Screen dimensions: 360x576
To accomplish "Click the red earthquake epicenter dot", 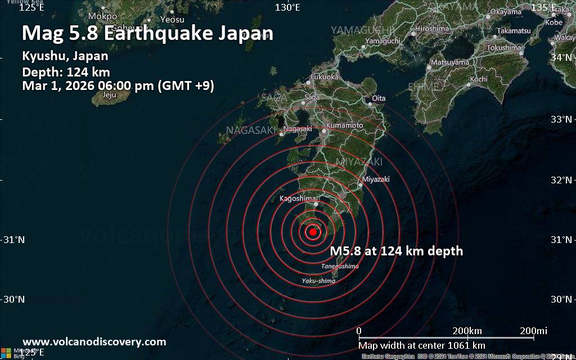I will pos(313,231).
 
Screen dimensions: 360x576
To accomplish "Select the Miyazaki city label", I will pos(376,179).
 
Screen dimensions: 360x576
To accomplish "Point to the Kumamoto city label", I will pos(344,124).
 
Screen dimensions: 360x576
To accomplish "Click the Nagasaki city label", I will pos(298,129).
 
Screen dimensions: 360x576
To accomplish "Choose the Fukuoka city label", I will pos(325,76).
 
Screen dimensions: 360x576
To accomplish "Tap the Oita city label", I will pos(379,98).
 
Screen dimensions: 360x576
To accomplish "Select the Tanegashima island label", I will pos(340,266).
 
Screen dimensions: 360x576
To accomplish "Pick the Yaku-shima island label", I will pos(318,281).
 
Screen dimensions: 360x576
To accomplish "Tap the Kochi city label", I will pos(479,79).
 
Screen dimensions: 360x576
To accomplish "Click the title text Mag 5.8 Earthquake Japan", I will pos(147,33).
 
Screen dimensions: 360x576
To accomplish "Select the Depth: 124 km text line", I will pos(66,71).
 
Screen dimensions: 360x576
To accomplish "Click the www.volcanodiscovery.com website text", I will pos(94,341).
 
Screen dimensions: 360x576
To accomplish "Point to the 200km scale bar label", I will pos(467,330).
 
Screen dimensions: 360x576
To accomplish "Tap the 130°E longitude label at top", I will pos(287,7).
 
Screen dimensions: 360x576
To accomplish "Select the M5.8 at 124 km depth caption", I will pos(397,251).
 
